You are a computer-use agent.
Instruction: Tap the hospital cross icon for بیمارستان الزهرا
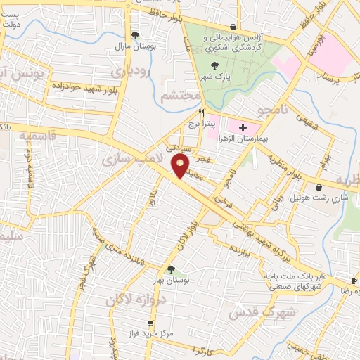pyautogui.click(x=243, y=127)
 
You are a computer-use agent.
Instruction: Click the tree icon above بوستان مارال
pyautogui.click(x=136, y=35)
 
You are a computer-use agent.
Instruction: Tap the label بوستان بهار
pyautogui.click(x=169, y=280)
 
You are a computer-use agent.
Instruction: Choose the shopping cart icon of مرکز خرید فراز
pyautogui.click(x=150, y=323)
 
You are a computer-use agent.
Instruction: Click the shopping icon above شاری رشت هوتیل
pyautogui.click(x=320, y=187)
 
